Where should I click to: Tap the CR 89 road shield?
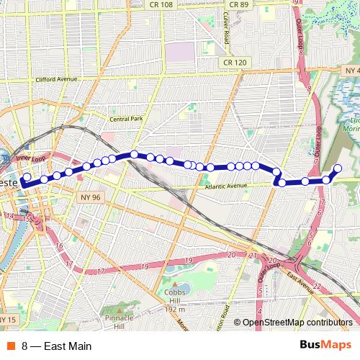(238, 4)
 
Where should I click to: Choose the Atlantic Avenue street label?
(225, 186)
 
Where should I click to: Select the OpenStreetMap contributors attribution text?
(297, 322)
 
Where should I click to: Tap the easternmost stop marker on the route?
(336, 169)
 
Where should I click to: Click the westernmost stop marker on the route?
(27, 176)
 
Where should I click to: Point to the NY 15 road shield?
(7, 319)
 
